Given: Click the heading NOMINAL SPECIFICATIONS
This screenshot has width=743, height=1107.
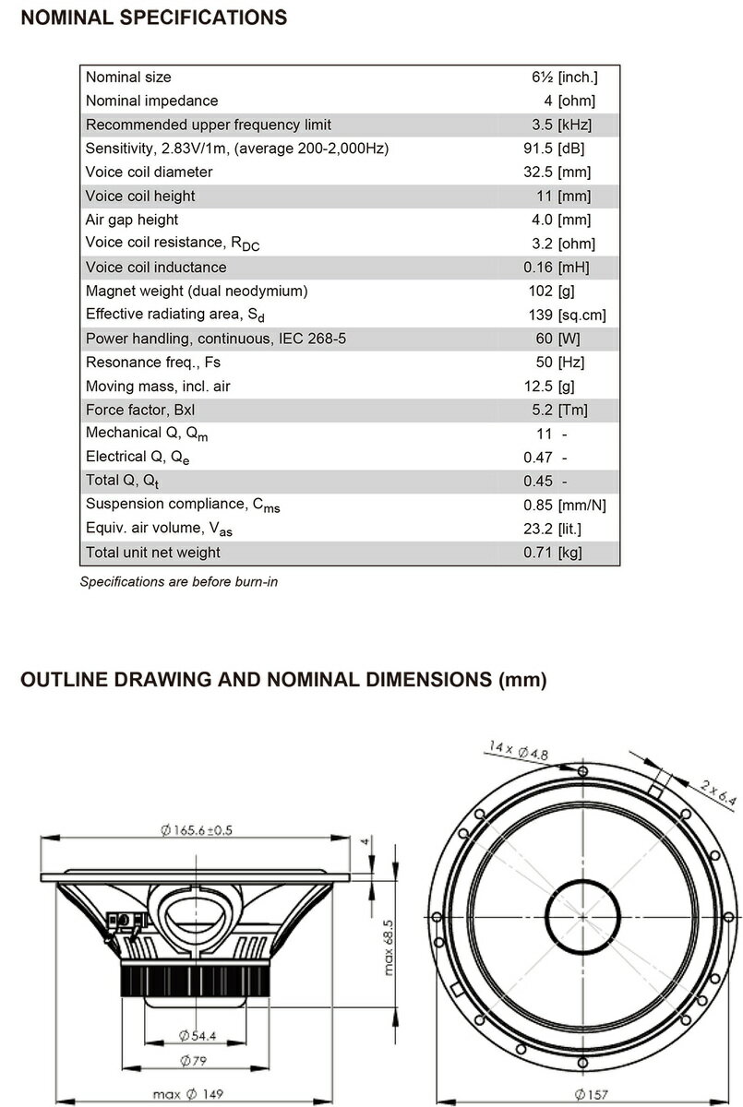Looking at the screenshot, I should click(153, 18).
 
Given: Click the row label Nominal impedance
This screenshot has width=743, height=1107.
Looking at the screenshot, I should click(151, 101).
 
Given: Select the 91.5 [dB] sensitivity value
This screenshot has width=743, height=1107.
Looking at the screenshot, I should click(554, 149).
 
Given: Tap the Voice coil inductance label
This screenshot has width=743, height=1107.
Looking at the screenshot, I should click(155, 268).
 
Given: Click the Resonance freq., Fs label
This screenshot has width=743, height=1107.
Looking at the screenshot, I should click(152, 363).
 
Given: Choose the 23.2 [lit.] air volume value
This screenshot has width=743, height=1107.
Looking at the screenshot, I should click(553, 529).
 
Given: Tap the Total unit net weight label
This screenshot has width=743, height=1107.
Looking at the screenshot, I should click(152, 553).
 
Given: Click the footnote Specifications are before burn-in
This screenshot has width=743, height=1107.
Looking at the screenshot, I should click(179, 582).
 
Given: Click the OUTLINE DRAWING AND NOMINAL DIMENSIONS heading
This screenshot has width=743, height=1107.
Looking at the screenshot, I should click(283, 681).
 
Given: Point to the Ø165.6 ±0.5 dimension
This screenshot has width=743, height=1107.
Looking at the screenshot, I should click(196, 830).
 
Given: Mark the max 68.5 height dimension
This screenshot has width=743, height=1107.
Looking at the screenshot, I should click(389, 946).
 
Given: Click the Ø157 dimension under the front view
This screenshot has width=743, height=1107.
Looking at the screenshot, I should click(592, 1094).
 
